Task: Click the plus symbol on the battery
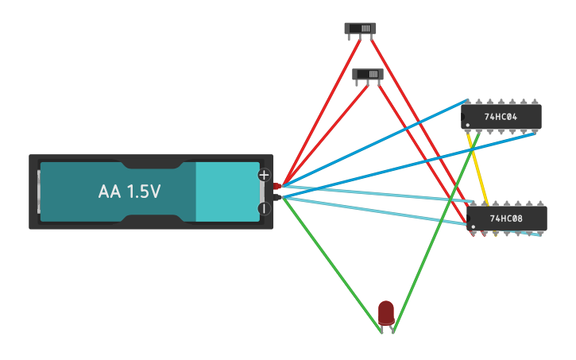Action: [265, 175]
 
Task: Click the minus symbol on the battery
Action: [265, 209]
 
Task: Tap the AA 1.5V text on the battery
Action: [130, 192]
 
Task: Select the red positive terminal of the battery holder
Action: [276, 186]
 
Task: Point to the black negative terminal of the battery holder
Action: [276, 195]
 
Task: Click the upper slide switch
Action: [360, 29]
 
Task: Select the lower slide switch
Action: [368, 75]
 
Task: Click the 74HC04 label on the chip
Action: [501, 117]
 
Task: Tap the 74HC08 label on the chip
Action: [507, 218]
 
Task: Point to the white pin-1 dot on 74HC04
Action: [467, 125]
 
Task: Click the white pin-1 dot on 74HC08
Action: [474, 226]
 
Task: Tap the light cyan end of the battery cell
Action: [226, 192]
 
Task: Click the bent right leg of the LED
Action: [392, 327]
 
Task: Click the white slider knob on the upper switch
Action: [366, 29]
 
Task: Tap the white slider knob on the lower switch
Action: [373, 75]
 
